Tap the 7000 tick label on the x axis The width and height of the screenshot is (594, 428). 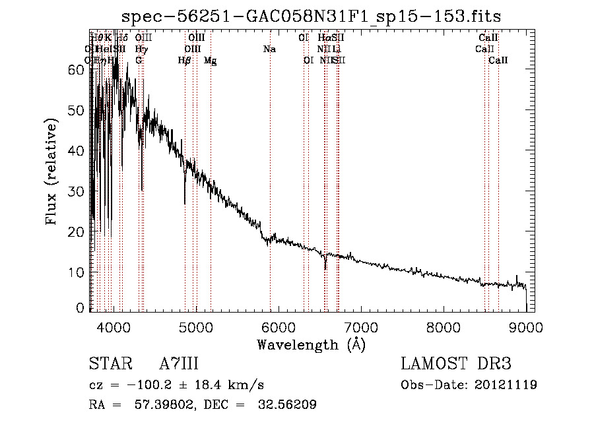tap(360, 325)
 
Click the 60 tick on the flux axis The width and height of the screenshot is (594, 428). tap(76, 70)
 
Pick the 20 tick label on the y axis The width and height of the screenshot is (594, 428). tap(76, 232)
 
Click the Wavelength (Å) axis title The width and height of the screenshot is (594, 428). tap(311, 344)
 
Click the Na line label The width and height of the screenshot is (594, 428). tap(269, 49)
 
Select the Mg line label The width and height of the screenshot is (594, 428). tap(210, 60)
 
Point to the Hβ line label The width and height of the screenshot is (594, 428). tap(184, 60)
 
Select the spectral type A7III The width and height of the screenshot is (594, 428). tap(179, 364)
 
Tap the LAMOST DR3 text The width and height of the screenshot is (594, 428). tap(455, 364)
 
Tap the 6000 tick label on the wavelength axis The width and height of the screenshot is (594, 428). tap(278, 325)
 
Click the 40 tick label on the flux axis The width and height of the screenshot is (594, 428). tap(76, 151)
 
